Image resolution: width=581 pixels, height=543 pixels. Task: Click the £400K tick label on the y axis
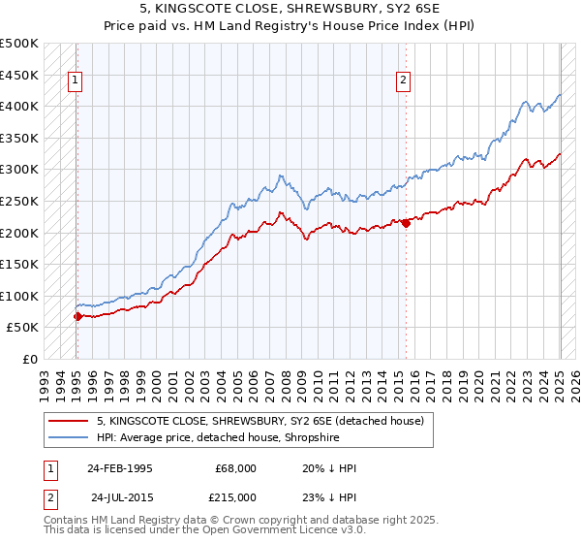(x=19, y=106)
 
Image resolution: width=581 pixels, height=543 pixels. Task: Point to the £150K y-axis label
(x=19, y=264)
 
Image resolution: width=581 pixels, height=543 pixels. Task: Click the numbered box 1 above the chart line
(x=75, y=81)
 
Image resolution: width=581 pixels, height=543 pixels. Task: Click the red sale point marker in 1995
(x=77, y=316)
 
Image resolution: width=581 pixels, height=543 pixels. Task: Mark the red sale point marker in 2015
(x=406, y=223)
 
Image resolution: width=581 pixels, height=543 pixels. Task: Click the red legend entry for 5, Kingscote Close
(x=260, y=421)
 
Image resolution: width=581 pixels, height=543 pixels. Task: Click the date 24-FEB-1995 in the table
(x=119, y=468)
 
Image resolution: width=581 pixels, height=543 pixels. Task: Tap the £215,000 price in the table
(x=236, y=496)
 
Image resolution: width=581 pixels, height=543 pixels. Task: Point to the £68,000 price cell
(x=236, y=468)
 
